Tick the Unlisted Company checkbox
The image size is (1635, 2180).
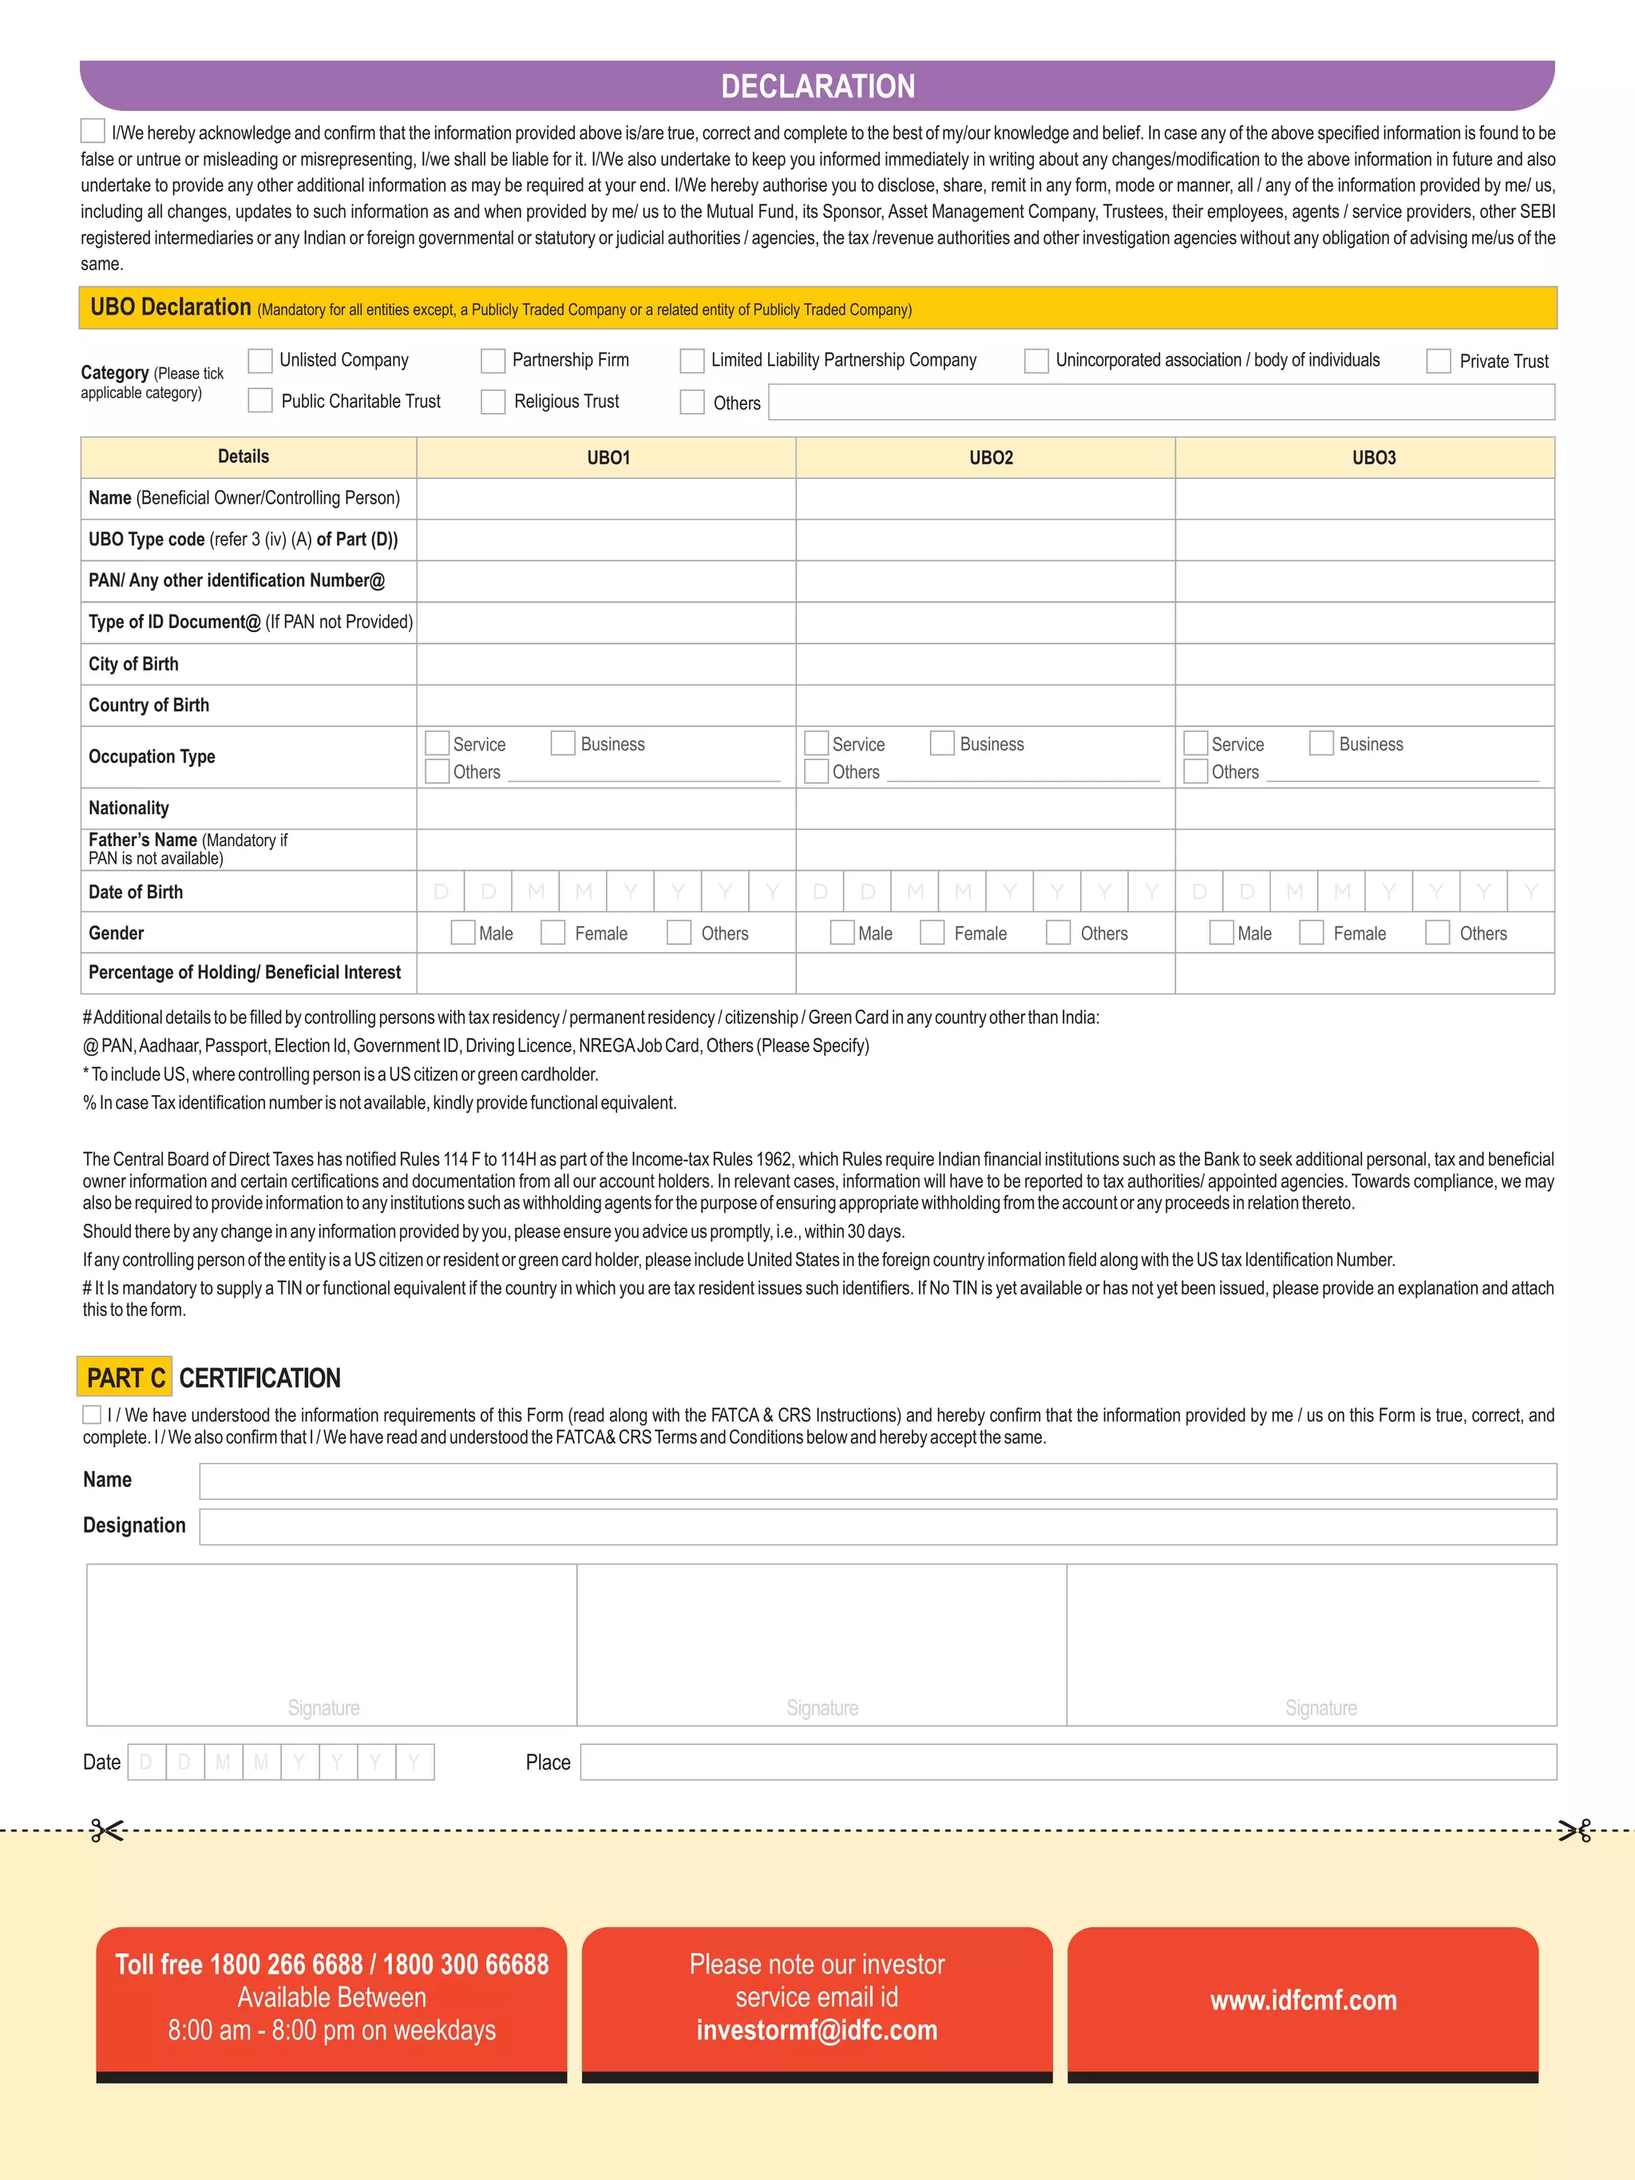(x=260, y=361)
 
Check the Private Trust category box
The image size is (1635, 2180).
(x=1438, y=361)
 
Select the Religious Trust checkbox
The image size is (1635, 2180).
(x=493, y=402)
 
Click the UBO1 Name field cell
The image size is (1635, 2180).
(x=605, y=499)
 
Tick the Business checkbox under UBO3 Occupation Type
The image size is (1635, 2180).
(x=1320, y=743)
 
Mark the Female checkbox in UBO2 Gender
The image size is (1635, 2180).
(x=932, y=932)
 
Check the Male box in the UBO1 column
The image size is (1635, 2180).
(x=462, y=932)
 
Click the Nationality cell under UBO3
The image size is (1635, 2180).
(x=1364, y=808)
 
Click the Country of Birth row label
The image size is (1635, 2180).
(x=148, y=706)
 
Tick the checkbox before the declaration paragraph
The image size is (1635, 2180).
(x=93, y=131)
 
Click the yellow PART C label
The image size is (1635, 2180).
(x=125, y=1377)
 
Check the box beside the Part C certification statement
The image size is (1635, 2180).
(x=92, y=1414)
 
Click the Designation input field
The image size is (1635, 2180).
(x=877, y=1526)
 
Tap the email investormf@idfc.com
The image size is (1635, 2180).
(x=817, y=2030)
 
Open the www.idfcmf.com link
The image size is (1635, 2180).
(x=1303, y=2000)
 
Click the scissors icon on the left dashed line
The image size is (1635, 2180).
(x=105, y=1831)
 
